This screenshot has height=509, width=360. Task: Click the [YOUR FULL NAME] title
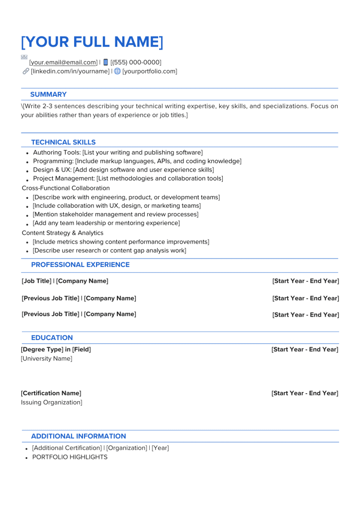point(92,42)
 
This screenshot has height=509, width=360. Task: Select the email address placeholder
point(63,63)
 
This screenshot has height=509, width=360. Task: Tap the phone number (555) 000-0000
point(136,63)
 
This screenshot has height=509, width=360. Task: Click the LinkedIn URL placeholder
point(70,72)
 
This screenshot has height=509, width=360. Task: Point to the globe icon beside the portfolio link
point(117,71)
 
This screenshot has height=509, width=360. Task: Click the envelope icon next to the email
point(24,57)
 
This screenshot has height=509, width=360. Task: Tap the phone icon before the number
point(105,62)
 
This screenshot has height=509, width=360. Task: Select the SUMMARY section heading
point(48,94)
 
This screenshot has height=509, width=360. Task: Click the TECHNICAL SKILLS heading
point(63,142)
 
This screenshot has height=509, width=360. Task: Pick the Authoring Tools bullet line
point(117,153)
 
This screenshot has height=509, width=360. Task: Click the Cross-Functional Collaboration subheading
point(66,188)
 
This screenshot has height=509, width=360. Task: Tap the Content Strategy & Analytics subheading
point(63,233)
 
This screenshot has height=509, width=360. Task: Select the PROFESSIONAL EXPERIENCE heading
point(80,265)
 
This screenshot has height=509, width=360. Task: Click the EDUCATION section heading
point(52,338)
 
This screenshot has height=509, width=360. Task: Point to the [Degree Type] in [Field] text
point(56,349)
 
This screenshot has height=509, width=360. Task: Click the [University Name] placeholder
point(46,359)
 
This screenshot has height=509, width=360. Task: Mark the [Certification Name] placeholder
point(51,393)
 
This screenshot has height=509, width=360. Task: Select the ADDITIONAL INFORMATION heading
point(79,436)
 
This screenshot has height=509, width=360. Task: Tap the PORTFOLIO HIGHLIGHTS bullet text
point(70,457)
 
